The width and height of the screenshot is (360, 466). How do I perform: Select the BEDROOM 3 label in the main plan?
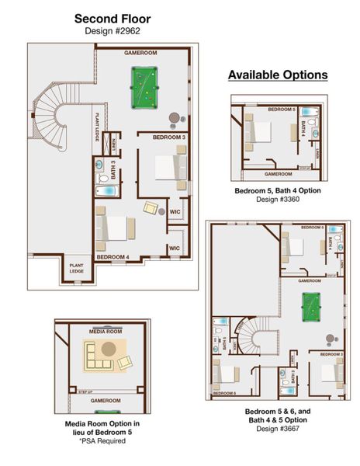click(x=168, y=137)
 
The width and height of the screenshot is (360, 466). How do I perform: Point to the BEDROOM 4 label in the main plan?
click(x=113, y=256)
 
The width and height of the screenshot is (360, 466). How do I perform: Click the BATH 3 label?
click(x=113, y=169)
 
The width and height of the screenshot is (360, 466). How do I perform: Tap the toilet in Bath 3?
click(x=100, y=165)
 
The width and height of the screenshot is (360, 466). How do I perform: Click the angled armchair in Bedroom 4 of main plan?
click(x=150, y=208)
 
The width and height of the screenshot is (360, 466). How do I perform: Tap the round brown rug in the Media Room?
click(x=108, y=348)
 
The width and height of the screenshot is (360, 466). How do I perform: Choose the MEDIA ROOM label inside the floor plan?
click(x=106, y=332)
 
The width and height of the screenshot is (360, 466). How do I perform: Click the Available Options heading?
click(x=278, y=75)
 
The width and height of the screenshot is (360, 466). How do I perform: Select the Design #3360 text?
click(x=277, y=199)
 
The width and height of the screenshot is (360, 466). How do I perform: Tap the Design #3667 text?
click(x=277, y=428)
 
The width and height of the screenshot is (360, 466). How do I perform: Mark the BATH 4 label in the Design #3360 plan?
click(x=303, y=127)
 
